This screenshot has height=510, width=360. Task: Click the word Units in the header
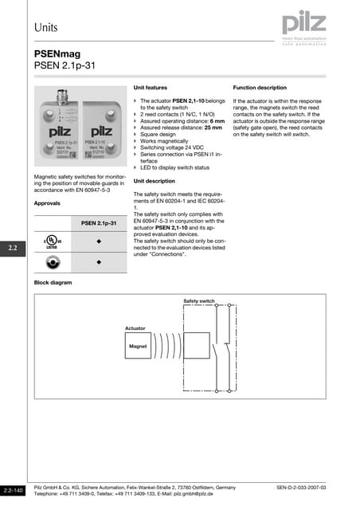tap(46, 27)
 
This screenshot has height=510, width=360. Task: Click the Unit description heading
tap(154, 181)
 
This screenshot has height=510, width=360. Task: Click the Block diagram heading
tap(53, 283)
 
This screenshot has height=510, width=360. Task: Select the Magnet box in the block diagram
tap(139, 347)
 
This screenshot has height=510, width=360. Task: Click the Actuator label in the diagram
tap(135, 328)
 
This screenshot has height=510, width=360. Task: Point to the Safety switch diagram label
tap(199, 300)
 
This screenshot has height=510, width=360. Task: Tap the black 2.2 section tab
tap(13, 249)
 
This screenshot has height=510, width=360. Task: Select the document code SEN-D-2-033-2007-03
tap(301, 486)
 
